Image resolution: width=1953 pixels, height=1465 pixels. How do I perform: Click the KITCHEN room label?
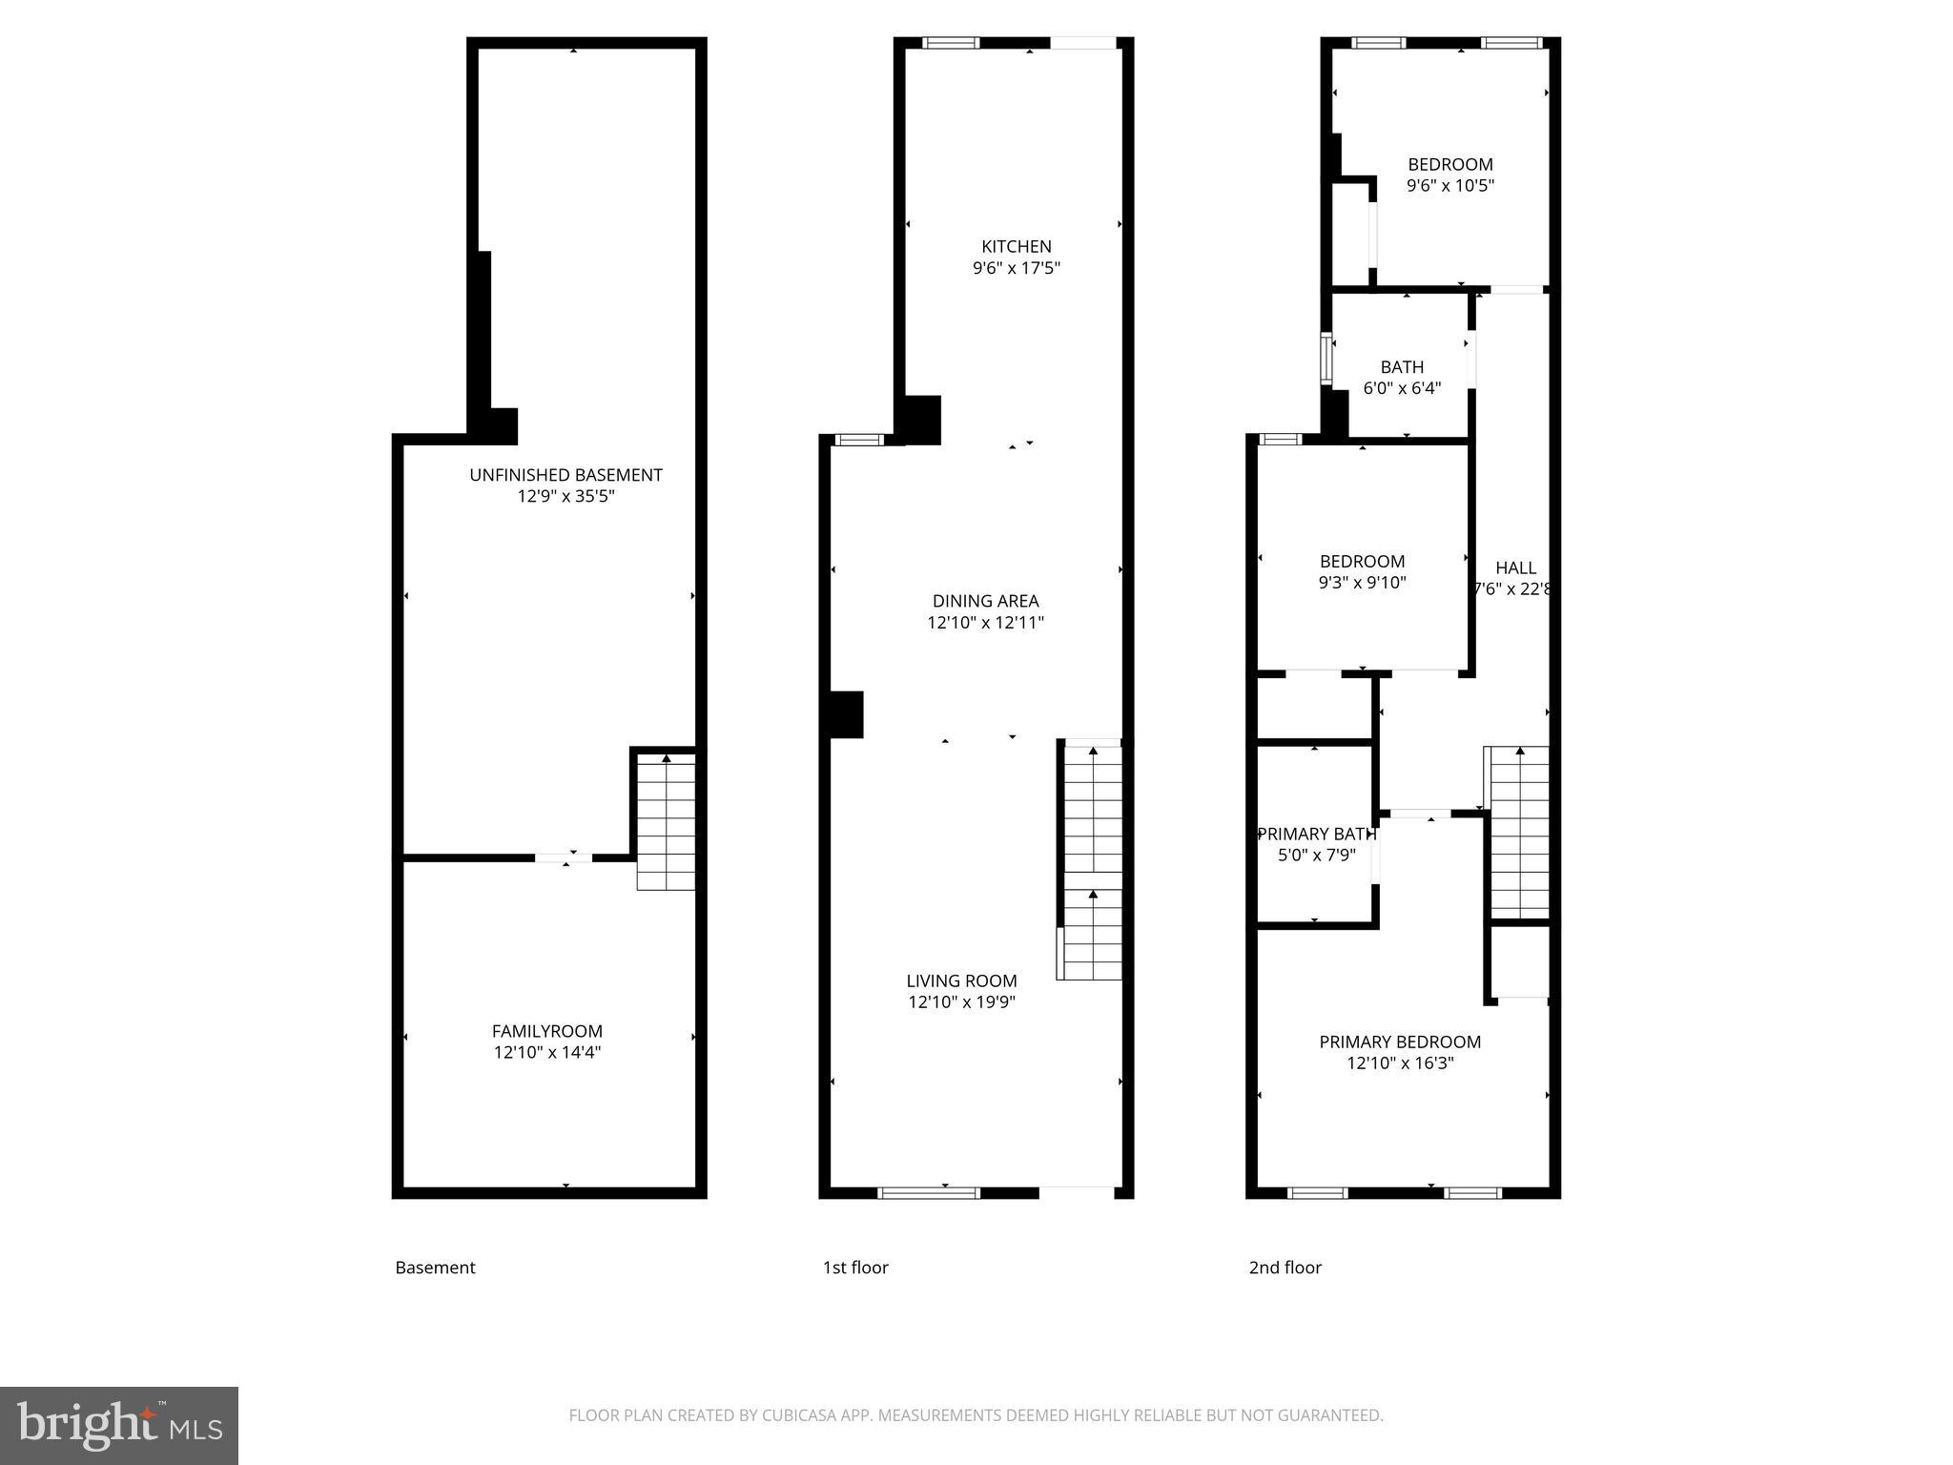[1016, 246]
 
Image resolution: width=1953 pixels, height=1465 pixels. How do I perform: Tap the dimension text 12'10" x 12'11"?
[985, 623]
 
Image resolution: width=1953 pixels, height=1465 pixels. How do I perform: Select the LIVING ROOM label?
[961, 980]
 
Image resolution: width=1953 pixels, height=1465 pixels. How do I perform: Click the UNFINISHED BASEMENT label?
[565, 475]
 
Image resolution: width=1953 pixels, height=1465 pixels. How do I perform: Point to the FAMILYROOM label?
[546, 1031]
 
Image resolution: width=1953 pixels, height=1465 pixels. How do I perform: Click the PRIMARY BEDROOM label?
[1399, 1042]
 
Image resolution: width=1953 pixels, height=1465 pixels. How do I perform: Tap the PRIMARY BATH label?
[1316, 834]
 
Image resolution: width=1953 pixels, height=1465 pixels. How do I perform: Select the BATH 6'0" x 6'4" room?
[1401, 377]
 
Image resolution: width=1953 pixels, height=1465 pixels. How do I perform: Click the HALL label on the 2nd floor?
[1515, 567]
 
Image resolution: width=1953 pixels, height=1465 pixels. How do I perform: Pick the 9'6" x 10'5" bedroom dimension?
[1449, 186]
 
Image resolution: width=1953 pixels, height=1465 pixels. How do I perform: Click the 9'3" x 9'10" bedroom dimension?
[1362, 583]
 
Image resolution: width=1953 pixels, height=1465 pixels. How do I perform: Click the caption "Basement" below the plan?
[435, 1268]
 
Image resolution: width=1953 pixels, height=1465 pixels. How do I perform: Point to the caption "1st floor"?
[855, 1268]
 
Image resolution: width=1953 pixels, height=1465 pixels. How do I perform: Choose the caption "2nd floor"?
[1285, 1268]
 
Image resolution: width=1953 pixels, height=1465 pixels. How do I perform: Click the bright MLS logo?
[119, 1425]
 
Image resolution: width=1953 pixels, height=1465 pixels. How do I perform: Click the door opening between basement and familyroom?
[564, 858]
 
